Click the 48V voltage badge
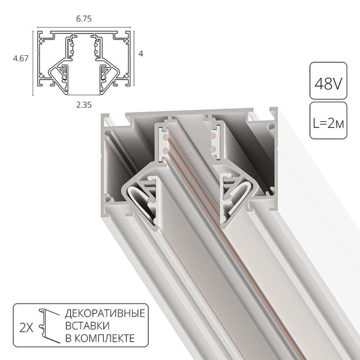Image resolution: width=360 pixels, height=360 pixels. click(328, 79)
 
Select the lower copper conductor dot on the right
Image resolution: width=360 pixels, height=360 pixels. click(212, 146)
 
